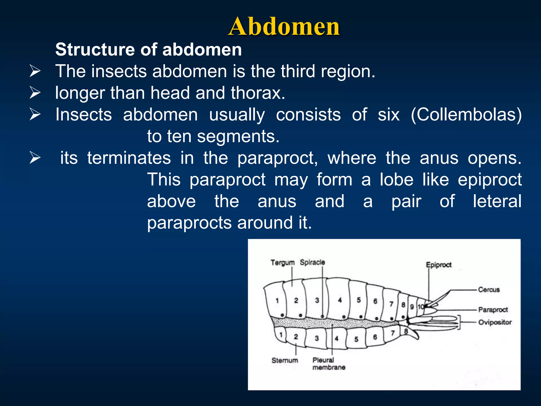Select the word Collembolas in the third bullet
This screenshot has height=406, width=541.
tap(467, 115)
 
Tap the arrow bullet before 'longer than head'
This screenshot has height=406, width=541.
tap(35, 93)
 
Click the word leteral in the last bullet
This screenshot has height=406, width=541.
tap(497, 201)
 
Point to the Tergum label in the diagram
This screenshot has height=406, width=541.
tap(282, 262)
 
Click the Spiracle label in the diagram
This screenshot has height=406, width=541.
tap(312, 262)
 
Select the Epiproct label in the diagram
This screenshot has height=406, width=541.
tap(439, 265)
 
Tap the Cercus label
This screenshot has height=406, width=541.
tap(489, 290)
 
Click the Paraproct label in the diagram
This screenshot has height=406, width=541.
tap(493, 310)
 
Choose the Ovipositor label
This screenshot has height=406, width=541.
tap(495, 322)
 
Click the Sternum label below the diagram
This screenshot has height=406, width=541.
tap(285, 360)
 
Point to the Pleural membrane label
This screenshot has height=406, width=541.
tap(328, 363)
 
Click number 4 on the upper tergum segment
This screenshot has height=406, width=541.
tap(340, 300)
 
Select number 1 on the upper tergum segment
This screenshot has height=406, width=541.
tap(277, 301)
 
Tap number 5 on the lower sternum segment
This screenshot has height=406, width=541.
tap(356, 339)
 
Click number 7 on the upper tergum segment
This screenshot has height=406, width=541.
tap(391, 304)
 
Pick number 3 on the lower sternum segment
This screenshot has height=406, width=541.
tap(317, 338)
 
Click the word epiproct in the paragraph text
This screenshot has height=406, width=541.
tap(489, 180)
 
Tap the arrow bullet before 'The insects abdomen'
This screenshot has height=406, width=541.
tap(35, 71)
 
